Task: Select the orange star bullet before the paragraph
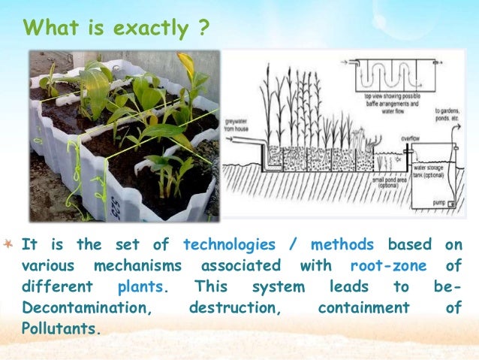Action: coord(8,244)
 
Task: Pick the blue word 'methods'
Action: coord(342,245)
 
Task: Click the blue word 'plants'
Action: coord(143,287)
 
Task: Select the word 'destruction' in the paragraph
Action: coord(233,308)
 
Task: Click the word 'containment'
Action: coord(363,308)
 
